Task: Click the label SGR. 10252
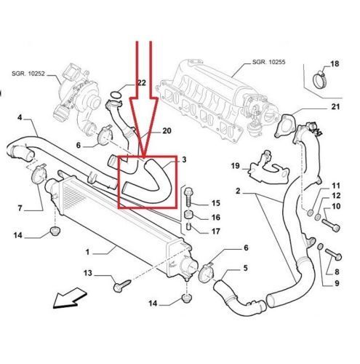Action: [28, 73]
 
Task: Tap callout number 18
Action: [335, 66]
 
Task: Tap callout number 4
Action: [20, 118]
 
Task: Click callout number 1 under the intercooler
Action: [88, 252]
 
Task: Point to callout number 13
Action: [88, 273]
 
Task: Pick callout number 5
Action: [244, 268]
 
